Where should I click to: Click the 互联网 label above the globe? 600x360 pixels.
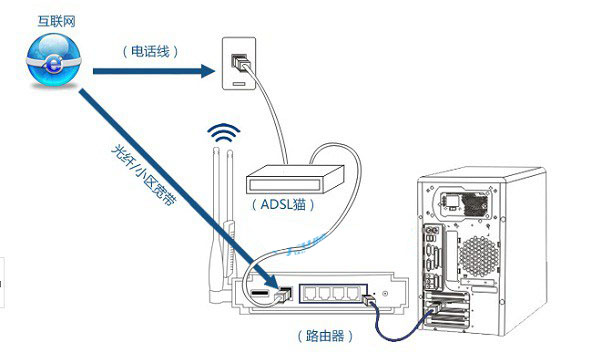pyautogui.click(x=56, y=21)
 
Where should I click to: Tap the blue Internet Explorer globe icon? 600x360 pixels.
pyautogui.click(x=54, y=60)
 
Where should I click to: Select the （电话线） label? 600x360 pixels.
pyautogui.click(x=150, y=51)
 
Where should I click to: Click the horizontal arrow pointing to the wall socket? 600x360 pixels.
pyautogui.click(x=154, y=71)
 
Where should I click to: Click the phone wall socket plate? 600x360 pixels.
pyautogui.click(x=239, y=64)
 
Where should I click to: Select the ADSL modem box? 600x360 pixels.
pyautogui.click(x=295, y=179)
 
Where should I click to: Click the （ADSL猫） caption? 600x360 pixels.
pyautogui.click(x=283, y=205)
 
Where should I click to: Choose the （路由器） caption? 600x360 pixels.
pyautogui.click(x=325, y=336)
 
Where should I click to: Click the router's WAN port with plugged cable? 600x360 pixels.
pyautogui.click(x=284, y=294)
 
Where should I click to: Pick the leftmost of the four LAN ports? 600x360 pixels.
pyautogui.click(x=310, y=293)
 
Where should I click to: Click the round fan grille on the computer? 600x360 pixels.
pyautogui.click(x=479, y=256)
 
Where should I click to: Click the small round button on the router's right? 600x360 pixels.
pyautogui.click(x=385, y=294)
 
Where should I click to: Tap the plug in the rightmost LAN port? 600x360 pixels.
pyautogui.click(x=369, y=300)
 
